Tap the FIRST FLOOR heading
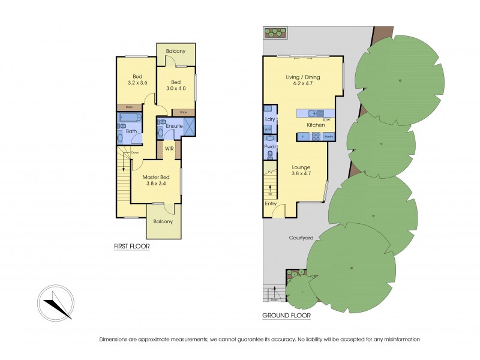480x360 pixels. click(132, 246)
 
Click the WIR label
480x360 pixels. click(169, 148)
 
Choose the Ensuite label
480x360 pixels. click(174, 125)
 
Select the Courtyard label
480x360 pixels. click(302, 238)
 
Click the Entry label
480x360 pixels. click(271, 203)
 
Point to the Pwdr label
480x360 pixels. click(269, 146)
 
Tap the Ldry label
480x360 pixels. click(269, 119)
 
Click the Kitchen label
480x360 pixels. click(316, 125)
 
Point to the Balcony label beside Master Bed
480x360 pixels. click(163, 221)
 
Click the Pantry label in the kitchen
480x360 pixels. click(328, 137)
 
